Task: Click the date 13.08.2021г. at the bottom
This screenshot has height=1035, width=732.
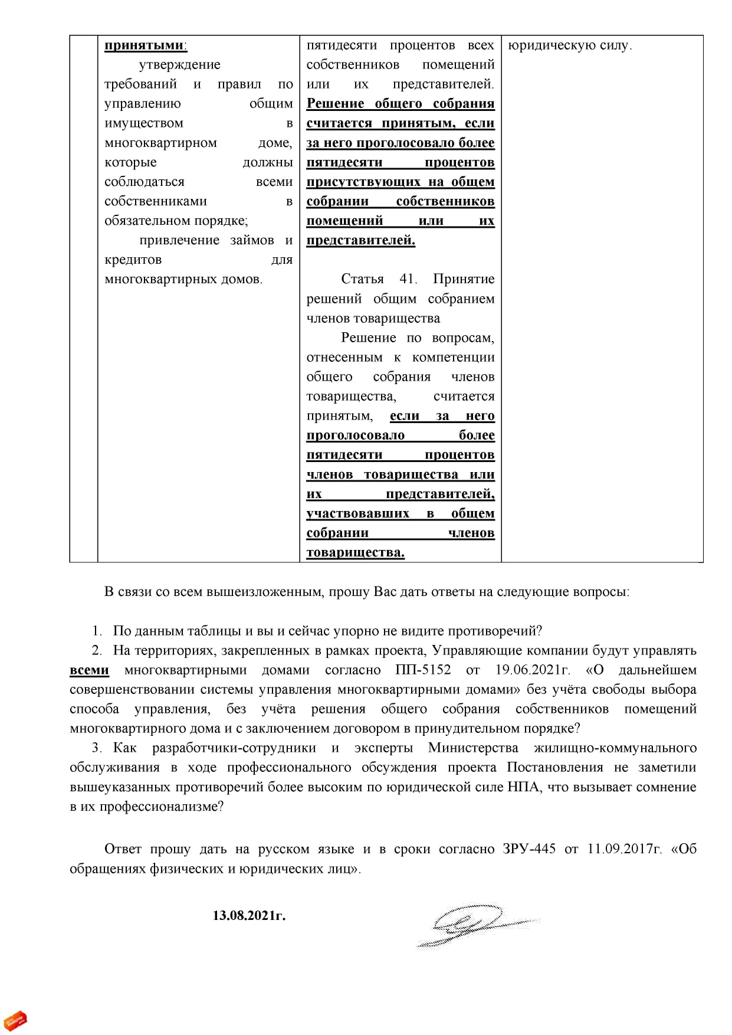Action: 249,915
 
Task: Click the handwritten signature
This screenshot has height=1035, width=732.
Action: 472,923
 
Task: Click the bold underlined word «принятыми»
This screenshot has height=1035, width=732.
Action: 145,45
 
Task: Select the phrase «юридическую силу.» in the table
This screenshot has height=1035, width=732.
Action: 569,45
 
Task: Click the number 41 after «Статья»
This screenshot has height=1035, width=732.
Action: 408,279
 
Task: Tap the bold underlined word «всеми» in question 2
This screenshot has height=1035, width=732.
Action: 89,670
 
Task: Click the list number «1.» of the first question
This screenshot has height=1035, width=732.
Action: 97,631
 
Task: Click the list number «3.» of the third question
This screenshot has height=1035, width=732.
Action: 97,748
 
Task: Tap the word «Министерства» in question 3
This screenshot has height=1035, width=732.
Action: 473,748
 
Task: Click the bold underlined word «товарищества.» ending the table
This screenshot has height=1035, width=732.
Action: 355,553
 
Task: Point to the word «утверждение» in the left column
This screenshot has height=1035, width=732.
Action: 180,65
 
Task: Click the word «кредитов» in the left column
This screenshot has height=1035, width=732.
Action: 133,260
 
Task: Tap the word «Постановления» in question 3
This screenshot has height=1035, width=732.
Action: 554,768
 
